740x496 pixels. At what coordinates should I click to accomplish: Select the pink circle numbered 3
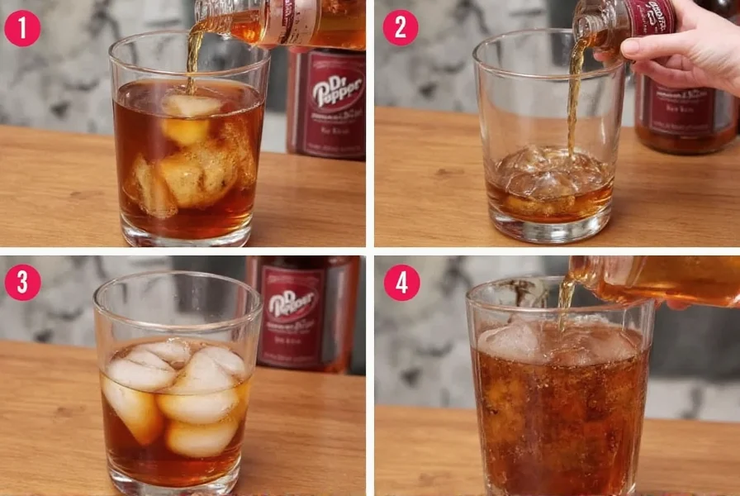coord(22,282)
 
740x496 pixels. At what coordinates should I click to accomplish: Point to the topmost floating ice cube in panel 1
coord(191,105)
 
